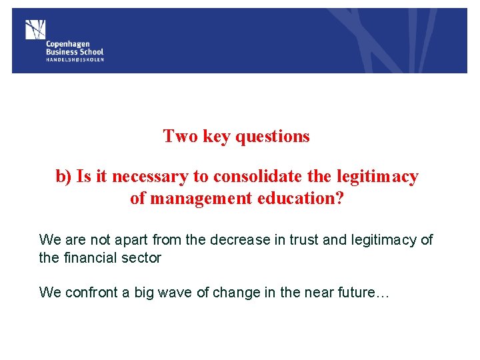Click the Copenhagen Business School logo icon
(x=35, y=29)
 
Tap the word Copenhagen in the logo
(x=68, y=44)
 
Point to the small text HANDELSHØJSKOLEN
(x=75, y=59)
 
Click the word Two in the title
(x=181, y=137)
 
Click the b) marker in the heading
(x=63, y=177)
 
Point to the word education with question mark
(x=301, y=198)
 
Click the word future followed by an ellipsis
(x=371, y=292)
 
